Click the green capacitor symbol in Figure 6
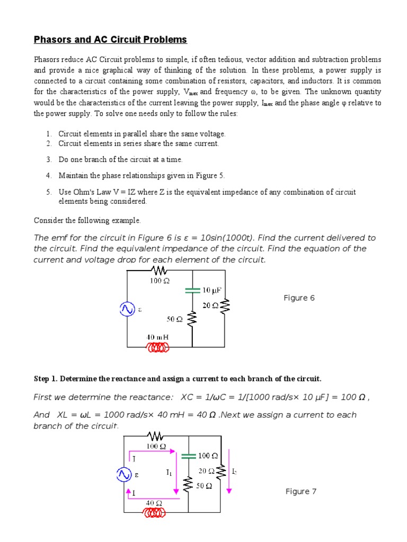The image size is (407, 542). [x=192, y=290]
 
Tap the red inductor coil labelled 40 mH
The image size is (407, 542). [x=158, y=347]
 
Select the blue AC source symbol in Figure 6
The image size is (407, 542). [x=127, y=309]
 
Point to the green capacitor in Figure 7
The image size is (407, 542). [x=189, y=455]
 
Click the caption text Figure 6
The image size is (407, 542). [x=299, y=298]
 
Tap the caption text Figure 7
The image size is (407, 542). [x=300, y=492]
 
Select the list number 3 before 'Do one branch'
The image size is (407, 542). [x=48, y=159]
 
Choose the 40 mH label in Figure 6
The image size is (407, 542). [x=157, y=337]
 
